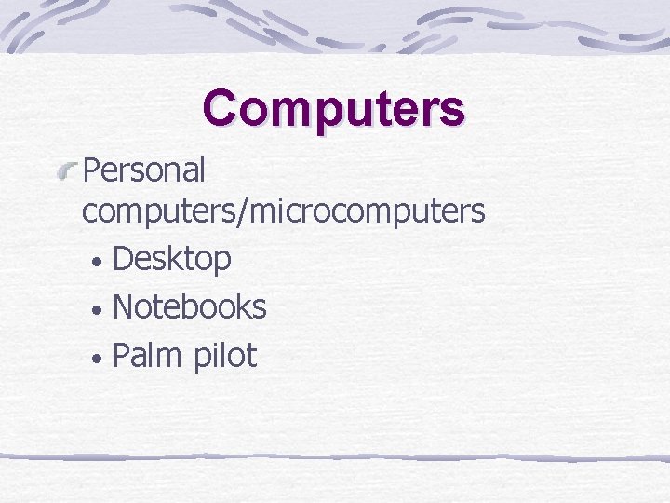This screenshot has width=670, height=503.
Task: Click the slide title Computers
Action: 334,109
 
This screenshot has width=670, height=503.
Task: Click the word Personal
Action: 144,170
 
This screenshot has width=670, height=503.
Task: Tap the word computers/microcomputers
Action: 283,211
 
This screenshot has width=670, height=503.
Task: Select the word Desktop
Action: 171,259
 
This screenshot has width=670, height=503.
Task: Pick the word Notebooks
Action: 189,306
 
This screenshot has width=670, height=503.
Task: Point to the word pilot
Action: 225,354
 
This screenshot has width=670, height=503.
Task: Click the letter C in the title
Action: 221,108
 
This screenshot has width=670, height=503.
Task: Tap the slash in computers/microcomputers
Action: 244,211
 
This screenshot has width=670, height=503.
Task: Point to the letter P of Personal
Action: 91,170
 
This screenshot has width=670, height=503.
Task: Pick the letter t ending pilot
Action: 251,354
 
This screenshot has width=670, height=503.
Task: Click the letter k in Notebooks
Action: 241,306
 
